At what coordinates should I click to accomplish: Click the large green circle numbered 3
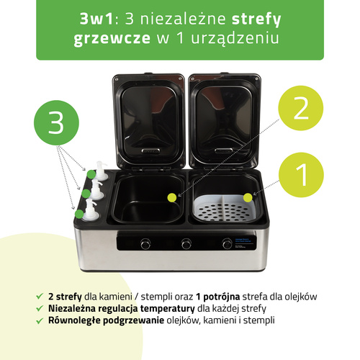[x=56, y=122]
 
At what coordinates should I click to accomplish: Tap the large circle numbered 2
[x=301, y=108]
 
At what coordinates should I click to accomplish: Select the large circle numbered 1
[x=301, y=175]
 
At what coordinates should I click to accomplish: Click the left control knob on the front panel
[x=145, y=243]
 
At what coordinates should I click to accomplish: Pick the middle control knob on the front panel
[x=186, y=243]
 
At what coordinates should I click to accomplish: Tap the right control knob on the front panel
[x=227, y=243]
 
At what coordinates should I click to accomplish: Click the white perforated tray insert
[x=224, y=207]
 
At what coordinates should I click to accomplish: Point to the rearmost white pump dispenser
[x=101, y=171]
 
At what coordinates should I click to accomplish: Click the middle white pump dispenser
[x=96, y=189]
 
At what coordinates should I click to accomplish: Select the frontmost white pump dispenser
[x=91, y=210]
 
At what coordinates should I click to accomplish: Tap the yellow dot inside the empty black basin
[x=172, y=197]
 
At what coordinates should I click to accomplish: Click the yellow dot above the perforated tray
[x=248, y=198]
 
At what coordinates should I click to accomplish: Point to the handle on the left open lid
[x=150, y=151]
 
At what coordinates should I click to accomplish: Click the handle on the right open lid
[x=223, y=150]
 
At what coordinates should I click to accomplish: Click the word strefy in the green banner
[x=256, y=19]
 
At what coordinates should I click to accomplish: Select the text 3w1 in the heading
[x=96, y=19]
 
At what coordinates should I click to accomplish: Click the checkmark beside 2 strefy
[x=40, y=296]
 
